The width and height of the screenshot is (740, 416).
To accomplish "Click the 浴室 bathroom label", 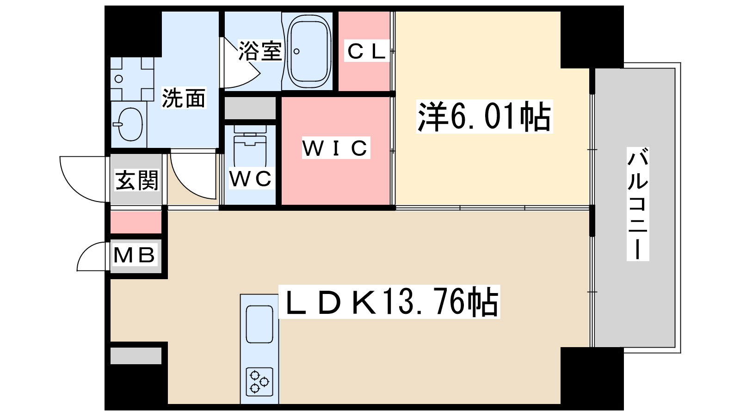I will (260, 51).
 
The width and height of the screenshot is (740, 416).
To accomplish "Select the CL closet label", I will (366, 51).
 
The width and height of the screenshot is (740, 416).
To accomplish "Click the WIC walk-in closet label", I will (336, 148).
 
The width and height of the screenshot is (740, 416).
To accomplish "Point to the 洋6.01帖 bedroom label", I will (484, 116).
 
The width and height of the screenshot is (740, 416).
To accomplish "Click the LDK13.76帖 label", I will (389, 302).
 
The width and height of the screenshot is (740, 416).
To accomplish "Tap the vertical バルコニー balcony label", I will (637, 203).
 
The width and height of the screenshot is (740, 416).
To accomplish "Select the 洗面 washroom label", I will (184, 98).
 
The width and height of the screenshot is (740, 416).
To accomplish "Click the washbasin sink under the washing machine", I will (130, 124).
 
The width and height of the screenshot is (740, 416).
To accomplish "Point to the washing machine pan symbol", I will (132, 79).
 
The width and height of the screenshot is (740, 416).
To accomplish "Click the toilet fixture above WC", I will (250, 146).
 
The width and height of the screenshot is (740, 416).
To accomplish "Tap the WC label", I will (250, 179).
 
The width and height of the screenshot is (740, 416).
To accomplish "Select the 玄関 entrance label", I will (136, 180).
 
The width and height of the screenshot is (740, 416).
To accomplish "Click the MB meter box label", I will (134, 255).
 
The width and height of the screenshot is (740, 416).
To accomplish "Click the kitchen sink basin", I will (259, 324).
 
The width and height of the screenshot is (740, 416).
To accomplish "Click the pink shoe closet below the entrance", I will (136, 222).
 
